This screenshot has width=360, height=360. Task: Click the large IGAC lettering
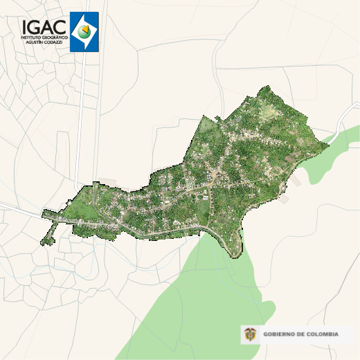[44, 26]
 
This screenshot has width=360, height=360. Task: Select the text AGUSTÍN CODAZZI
[45, 42]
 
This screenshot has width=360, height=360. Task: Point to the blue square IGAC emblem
[84, 31]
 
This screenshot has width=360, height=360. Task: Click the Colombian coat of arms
[250, 334]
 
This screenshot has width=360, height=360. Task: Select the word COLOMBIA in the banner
[323, 334]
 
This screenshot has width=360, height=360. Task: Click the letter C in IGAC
[60, 26]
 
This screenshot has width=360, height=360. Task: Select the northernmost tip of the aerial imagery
[269, 88]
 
